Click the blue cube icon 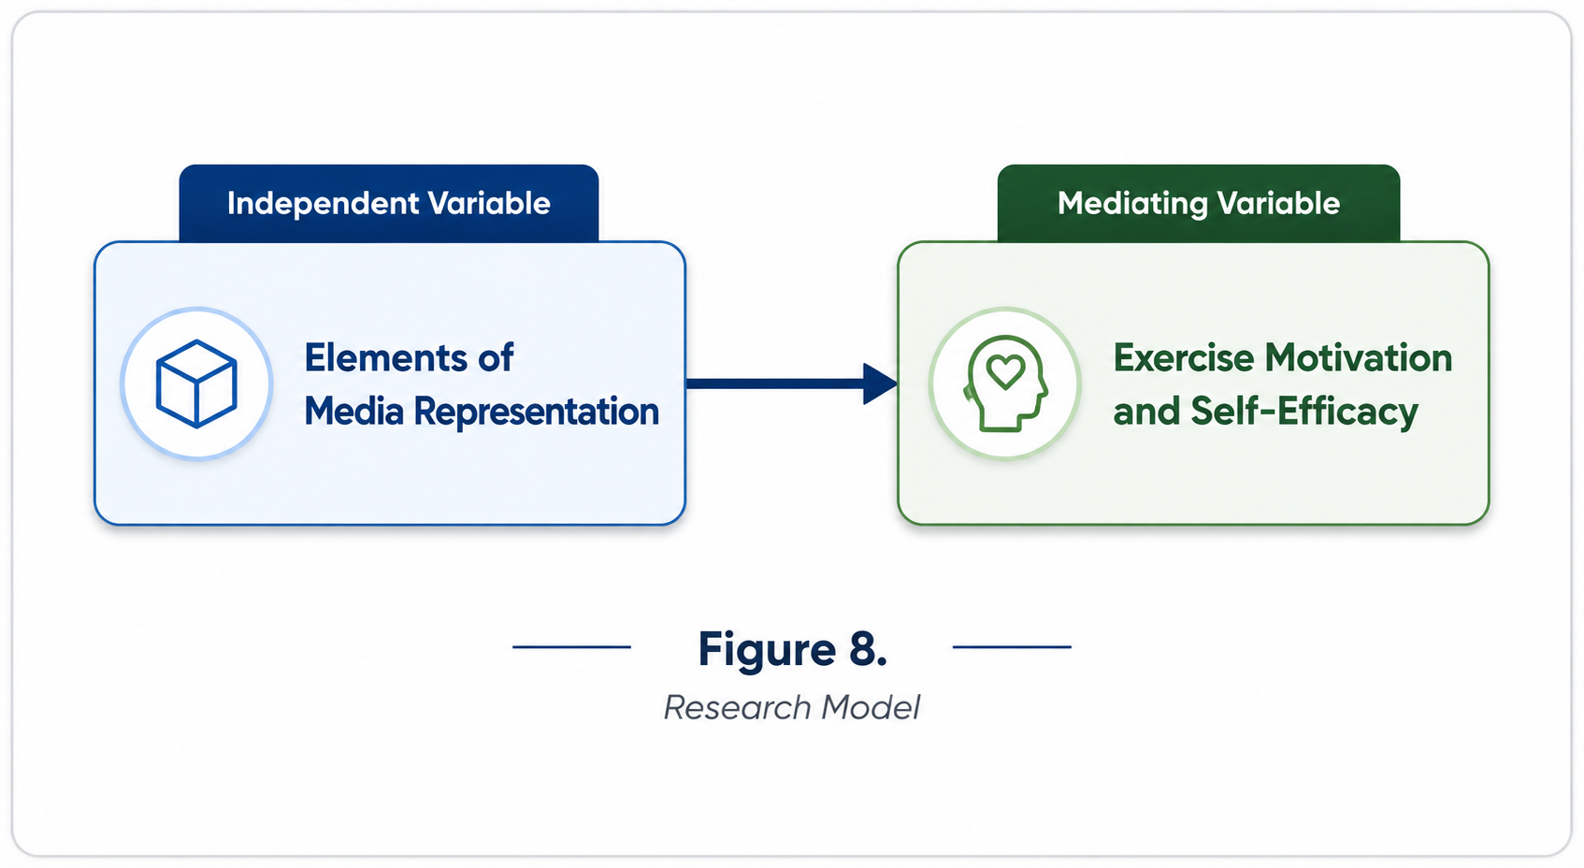pyautogui.click(x=196, y=384)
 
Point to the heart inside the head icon pyautogui.click(x=1005, y=370)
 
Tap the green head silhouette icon pyautogui.click(x=1005, y=383)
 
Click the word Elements pyautogui.click(x=386, y=358)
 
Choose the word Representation pyautogui.click(x=536, y=412)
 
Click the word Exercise pyautogui.click(x=1184, y=358)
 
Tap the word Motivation pyautogui.click(x=1359, y=358)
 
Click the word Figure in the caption pyautogui.click(x=768, y=650)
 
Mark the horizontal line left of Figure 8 pyautogui.click(x=571, y=646)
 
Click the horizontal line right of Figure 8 pyautogui.click(x=1012, y=646)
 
